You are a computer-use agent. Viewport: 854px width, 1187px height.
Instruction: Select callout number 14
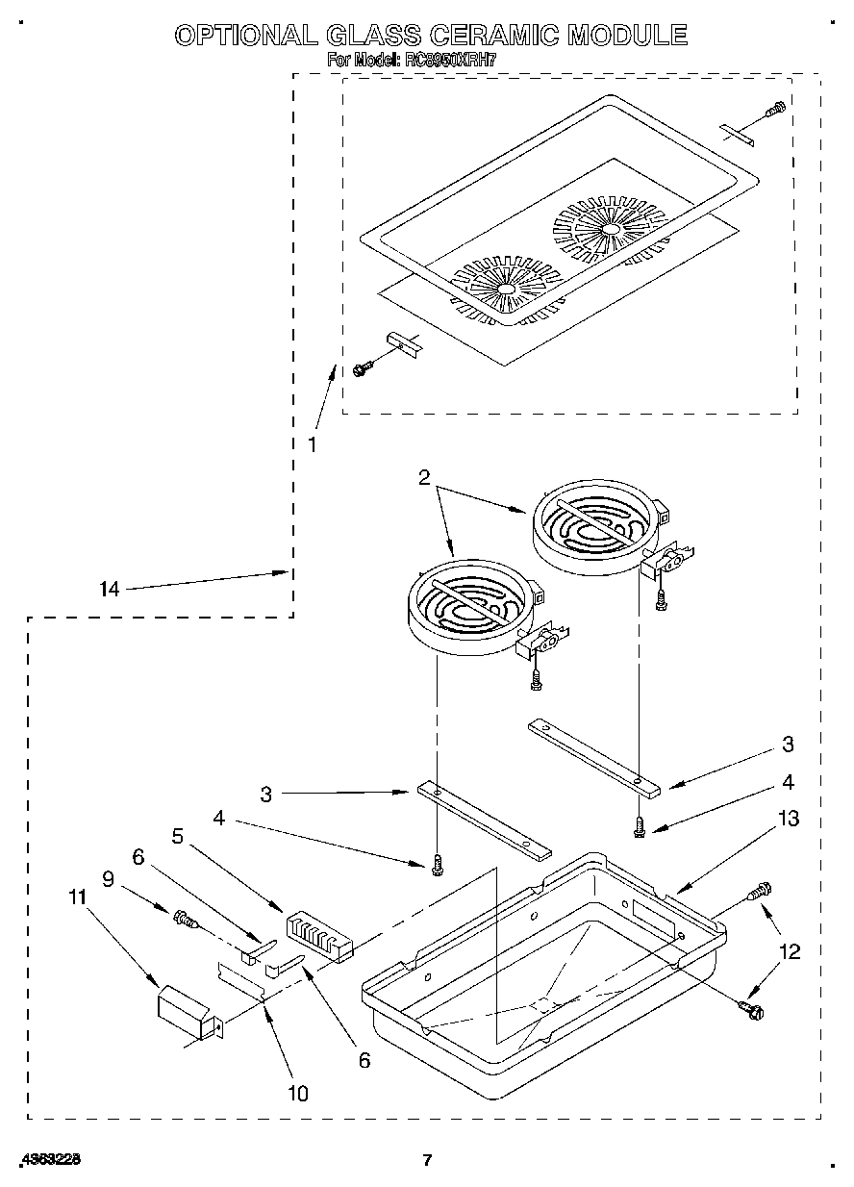click(111, 590)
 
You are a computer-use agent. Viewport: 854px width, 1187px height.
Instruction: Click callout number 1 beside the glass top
click(312, 444)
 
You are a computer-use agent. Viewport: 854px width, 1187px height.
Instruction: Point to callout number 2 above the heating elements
click(424, 476)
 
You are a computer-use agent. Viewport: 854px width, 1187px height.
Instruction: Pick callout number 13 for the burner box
click(789, 819)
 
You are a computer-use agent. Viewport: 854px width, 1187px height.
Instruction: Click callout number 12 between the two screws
click(789, 952)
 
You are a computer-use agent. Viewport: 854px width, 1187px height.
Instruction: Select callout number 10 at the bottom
click(299, 1093)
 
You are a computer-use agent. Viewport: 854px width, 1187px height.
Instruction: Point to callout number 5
click(177, 837)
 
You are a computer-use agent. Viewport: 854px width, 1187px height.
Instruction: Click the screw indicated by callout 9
click(185, 922)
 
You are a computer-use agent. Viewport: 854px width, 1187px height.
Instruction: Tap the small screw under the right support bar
click(640, 826)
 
